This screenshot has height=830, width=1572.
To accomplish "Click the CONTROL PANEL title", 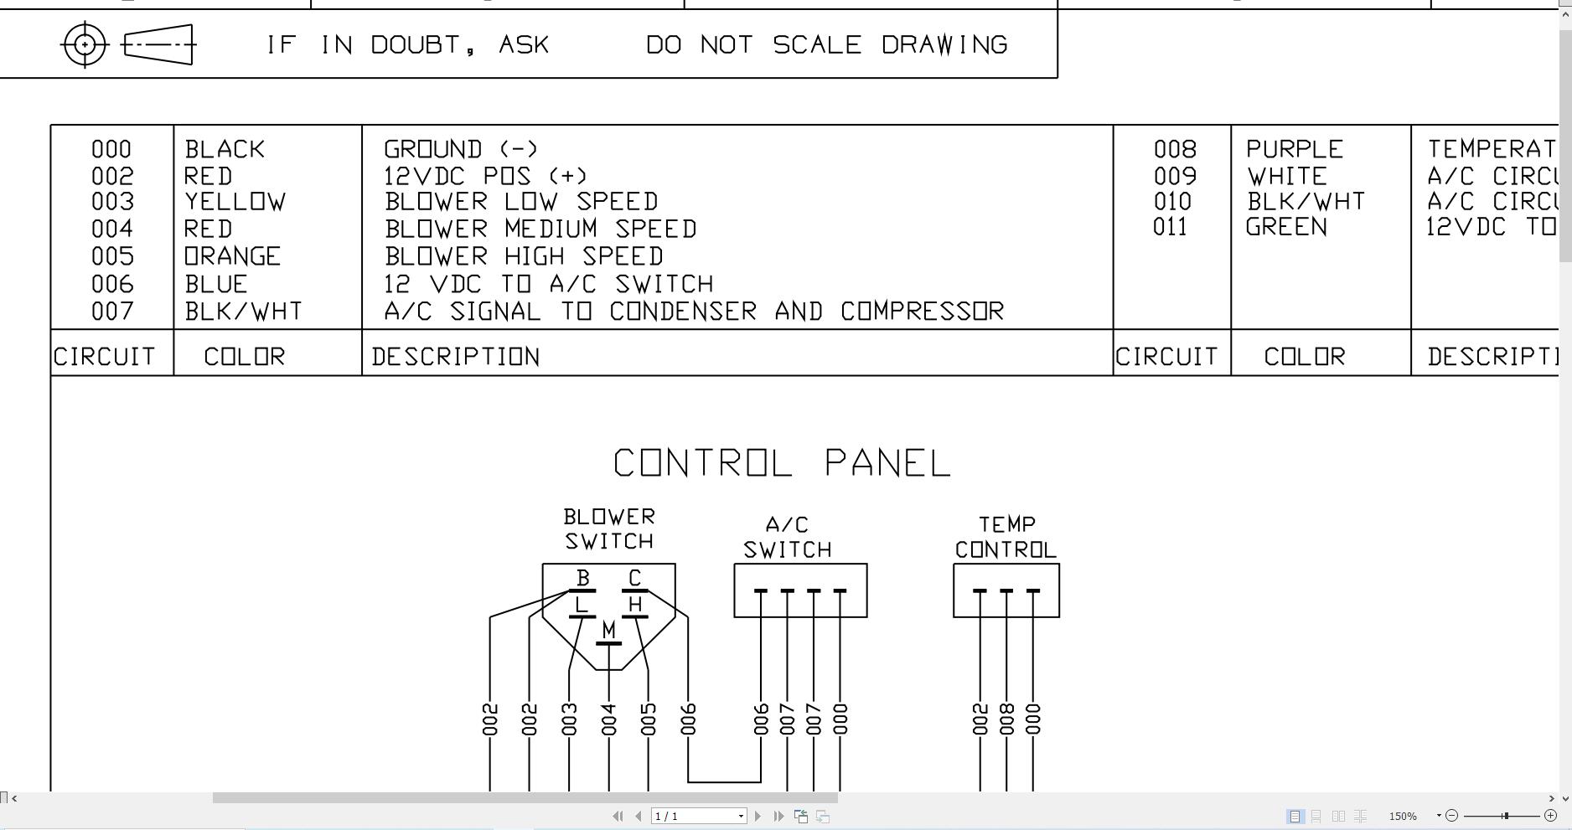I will (x=782, y=463).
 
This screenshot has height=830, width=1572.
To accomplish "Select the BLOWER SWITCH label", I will (x=609, y=528).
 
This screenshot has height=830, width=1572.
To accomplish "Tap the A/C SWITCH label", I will (x=787, y=538).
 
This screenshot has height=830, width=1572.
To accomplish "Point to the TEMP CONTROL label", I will (x=1006, y=537).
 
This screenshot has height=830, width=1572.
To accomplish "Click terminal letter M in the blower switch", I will (x=608, y=629).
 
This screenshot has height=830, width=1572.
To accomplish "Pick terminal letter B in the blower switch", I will (x=583, y=578).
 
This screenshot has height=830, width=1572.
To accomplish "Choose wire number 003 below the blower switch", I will (x=570, y=719).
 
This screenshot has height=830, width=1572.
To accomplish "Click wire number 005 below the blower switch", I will (x=649, y=719).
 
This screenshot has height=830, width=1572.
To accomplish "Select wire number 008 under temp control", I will (x=1006, y=719).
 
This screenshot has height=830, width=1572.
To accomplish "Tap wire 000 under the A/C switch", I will (x=840, y=719).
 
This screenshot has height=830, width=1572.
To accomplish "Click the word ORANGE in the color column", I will (x=233, y=256).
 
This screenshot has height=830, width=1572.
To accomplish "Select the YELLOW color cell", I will (x=235, y=202).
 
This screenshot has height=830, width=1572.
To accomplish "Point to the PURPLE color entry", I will (x=1295, y=150).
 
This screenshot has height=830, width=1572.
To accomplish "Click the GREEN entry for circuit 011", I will (x=1286, y=227).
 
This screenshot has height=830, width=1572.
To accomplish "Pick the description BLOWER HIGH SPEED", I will (x=524, y=256).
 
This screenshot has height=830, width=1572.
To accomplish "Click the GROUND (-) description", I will (x=461, y=150).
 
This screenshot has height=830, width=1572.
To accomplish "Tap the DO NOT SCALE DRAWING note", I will (x=826, y=44).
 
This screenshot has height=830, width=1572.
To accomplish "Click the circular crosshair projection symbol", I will (x=85, y=44).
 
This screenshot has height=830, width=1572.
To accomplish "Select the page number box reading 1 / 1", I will (x=698, y=816).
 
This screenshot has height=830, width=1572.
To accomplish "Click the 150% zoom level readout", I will (x=1403, y=816).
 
